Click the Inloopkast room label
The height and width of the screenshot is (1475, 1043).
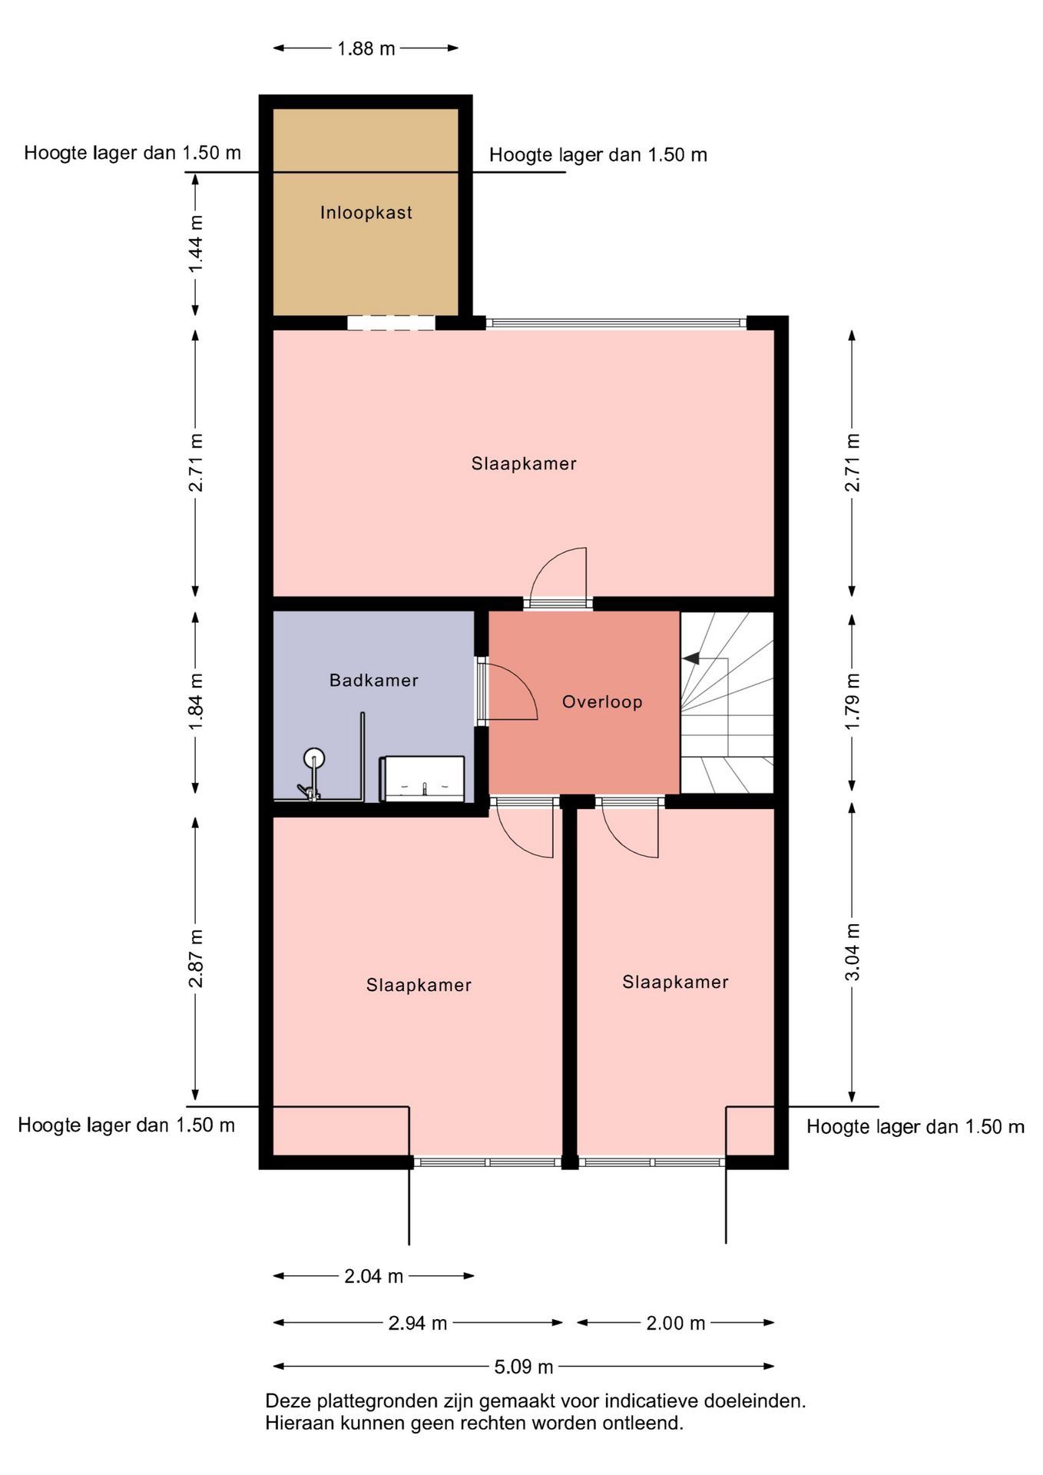(366, 213)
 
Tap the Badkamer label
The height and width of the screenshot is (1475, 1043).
(373, 680)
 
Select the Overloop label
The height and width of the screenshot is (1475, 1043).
(602, 701)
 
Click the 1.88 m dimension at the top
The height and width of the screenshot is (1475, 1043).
(366, 48)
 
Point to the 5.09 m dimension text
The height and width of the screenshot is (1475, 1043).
(524, 1367)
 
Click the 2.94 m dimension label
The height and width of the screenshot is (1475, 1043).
(418, 1323)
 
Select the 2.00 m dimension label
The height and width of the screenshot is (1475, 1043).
(675, 1323)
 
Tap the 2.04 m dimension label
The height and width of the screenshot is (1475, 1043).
(373, 1276)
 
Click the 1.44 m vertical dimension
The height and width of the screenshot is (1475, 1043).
(196, 244)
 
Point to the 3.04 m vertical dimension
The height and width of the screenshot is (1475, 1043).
(852, 953)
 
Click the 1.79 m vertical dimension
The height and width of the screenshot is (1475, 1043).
(852, 702)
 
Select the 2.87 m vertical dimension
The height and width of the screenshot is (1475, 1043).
(196, 958)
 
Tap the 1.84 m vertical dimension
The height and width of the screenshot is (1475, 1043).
(196, 702)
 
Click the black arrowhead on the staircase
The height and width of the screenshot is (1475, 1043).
(690, 658)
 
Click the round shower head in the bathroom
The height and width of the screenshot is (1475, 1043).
(313, 759)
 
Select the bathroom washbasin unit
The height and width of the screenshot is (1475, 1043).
(422, 779)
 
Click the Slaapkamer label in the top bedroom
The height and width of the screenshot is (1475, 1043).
(524, 463)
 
